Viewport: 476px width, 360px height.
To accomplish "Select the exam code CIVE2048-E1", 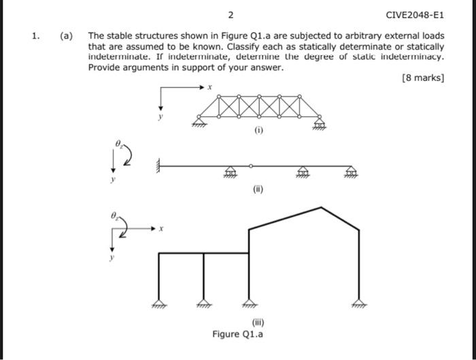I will pyautogui.click(x=414, y=14).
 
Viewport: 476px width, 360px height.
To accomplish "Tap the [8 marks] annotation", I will pyautogui.click(x=424, y=78).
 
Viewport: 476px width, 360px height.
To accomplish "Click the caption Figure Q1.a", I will pyautogui.click(x=238, y=334).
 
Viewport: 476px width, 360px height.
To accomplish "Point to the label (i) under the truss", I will pyautogui.click(x=258, y=130).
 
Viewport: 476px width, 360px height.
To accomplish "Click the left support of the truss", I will pyautogui.click(x=199, y=122).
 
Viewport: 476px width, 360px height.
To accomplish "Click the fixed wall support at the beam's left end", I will pyautogui.click(x=158, y=165).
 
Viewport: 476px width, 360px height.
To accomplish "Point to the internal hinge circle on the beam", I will pyautogui.click(x=250, y=165).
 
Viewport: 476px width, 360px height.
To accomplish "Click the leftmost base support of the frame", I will pyautogui.click(x=159, y=305).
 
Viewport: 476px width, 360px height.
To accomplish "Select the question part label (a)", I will pyautogui.click(x=67, y=35).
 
